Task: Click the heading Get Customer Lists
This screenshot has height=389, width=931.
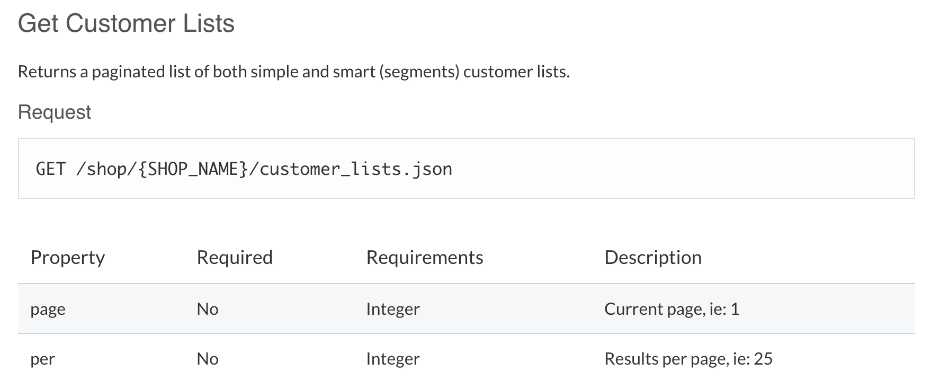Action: (126, 24)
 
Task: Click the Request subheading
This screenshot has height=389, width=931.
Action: (55, 112)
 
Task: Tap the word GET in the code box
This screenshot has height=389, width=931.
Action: (50, 169)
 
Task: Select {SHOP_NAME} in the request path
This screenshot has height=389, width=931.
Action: (193, 169)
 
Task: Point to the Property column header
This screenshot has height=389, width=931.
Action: (68, 258)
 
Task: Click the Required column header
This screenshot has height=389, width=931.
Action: (235, 258)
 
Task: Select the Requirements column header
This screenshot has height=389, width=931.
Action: (425, 258)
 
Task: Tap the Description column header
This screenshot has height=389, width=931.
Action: (653, 258)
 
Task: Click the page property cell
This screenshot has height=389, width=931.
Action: (48, 310)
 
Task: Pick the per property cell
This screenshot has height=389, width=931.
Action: (42, 359)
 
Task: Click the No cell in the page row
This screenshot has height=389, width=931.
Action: (208, 309)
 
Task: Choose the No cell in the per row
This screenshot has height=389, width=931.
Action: (208, 359)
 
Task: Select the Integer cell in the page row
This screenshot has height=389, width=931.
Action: (393, 309)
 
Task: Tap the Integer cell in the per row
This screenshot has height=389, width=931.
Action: (393, 359)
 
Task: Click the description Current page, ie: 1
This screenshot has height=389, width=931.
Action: (672, 309)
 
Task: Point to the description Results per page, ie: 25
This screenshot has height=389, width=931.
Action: (688, 359)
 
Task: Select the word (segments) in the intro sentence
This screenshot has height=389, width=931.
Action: (419, 72)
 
